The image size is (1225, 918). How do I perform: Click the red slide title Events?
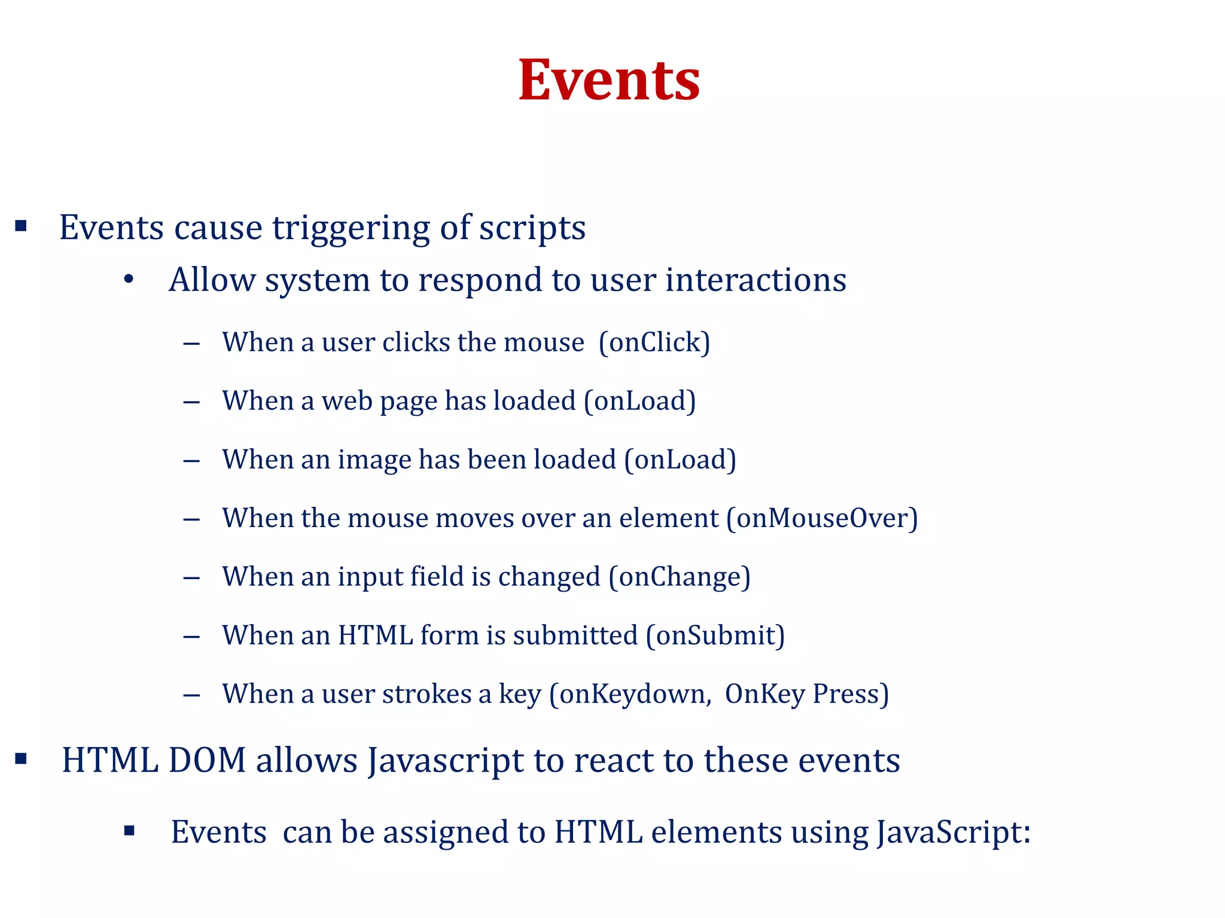pos(609,81)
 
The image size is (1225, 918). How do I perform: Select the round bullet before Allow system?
pos(129,280)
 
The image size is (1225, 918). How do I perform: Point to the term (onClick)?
pos(654,342)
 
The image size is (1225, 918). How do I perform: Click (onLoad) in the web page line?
pos(639,401)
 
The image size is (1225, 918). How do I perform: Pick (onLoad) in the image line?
pos(679,460)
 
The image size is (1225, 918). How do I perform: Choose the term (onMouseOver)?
pos(822,518)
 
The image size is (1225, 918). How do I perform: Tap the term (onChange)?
pos(679,577)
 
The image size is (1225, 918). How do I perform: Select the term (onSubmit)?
pos(715,635)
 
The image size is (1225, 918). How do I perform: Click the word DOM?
pos(207,761)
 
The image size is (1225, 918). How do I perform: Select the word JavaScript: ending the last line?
pos(954,833)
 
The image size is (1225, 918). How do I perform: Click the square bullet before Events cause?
pos(22,226)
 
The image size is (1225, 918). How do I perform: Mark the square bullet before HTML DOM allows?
pos(22,759)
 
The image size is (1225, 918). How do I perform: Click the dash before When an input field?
pos(191,578)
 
